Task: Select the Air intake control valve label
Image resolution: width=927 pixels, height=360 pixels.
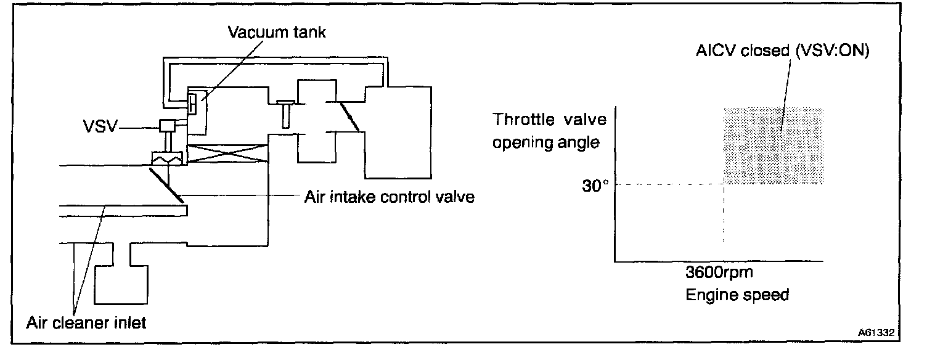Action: click(x=390, y=198)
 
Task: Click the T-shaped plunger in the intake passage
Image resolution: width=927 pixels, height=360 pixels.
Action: click(x=285, y=113)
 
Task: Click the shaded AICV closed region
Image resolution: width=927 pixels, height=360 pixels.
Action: click(x=773, y=145)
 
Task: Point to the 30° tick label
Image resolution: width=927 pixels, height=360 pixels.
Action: click(x=595, y=185)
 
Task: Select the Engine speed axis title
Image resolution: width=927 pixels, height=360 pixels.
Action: click(x=737, y=295)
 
